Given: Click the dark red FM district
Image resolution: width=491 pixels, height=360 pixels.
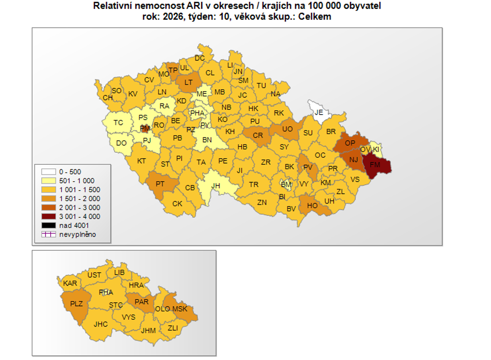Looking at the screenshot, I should (x=376, y=164).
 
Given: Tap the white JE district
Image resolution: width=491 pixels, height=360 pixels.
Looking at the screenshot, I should (x=319, y=112).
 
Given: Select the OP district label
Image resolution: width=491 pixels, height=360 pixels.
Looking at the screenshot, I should (x=350, y=143).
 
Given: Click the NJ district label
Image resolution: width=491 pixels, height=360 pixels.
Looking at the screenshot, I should (x=354, y=160).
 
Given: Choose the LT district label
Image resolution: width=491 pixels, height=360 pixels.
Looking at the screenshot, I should (x=188, y=82).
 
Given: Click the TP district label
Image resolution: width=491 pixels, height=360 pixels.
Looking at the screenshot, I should (x=173, y=70).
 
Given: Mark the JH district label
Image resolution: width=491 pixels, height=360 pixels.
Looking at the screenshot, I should (x=215, y=186).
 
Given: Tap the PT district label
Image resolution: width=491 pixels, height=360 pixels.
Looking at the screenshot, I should (x=160, y=184).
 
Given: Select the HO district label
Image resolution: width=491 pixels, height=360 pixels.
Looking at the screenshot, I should (x=313, y=205).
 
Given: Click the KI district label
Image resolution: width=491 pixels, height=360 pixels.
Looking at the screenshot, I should (x=376, y=149).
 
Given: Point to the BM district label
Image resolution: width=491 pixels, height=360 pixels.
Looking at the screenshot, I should (x=286, y=184).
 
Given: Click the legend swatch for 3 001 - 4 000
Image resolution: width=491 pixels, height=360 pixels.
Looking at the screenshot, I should (x=48, y=217).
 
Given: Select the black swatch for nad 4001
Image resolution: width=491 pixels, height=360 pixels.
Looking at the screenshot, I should (x=48, y=225).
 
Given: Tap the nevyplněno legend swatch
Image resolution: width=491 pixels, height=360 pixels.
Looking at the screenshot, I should (x=48, y=235).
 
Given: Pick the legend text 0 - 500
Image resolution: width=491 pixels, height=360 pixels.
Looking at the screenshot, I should (x=70, y=172).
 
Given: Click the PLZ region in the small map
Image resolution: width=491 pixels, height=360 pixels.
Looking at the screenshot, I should (x=76, y=304).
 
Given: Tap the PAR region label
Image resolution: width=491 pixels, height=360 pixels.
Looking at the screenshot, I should (x=141, y=302).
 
